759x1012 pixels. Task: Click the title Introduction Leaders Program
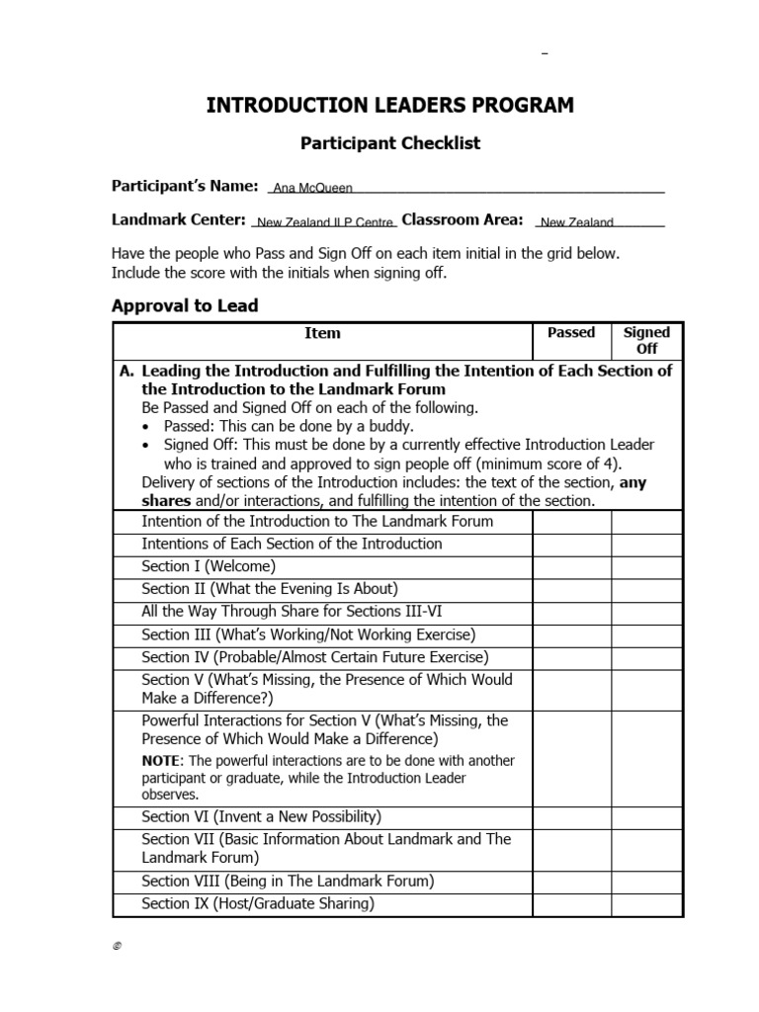(x=389, y=106)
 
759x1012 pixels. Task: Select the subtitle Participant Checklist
(x=389, y=143)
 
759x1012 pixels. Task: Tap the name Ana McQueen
(x=312, y=188)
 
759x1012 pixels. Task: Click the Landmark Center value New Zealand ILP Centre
(x=325, y=223)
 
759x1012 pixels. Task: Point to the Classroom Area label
(x=463, y=219)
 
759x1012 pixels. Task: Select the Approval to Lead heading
(x=185, y=305)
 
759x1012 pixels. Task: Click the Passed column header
(x=571, y=333)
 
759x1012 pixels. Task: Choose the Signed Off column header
(x=646, y=340)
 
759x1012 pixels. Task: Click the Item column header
(x=322, y=333)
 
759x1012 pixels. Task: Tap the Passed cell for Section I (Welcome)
(x=571, y=566)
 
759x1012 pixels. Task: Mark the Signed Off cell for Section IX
(x=646, y=903)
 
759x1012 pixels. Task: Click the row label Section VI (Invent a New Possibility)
(x=261, y=816)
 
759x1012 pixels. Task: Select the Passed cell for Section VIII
(x=571, y=881)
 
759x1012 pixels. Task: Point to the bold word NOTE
(x=161, y=761)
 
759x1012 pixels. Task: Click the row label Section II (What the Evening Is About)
(x=270, y=589)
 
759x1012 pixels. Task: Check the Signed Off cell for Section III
(x=646, y=634)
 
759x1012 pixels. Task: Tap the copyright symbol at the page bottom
(x=116, y=946)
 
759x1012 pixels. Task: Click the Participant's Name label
(x=185, y=185)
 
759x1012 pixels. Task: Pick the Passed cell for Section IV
(x=571, y=657)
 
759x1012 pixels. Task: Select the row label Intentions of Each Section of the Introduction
(x=292, y=544)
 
